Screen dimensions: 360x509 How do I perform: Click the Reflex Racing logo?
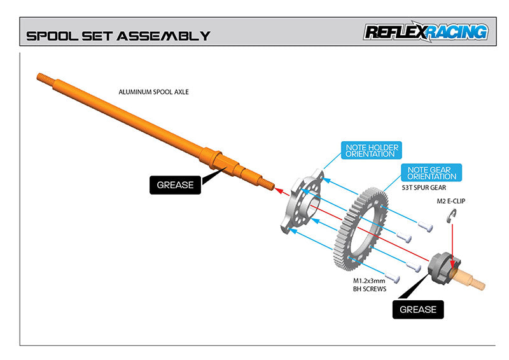[426, 32]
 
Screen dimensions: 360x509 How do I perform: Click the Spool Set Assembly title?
[118, 36]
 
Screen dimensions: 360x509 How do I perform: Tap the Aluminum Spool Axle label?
[153, 92]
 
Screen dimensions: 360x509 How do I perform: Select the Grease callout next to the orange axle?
[175, 185]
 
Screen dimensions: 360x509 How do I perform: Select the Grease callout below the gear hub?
[417, 309]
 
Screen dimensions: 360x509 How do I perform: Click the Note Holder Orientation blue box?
[372, 151]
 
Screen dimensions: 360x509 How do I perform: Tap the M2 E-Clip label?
[451, 201]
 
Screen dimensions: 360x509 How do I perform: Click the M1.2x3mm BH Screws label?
[370, 284]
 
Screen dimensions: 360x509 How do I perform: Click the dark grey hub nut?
[443, 268]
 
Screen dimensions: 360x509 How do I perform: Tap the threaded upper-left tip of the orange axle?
[42, 77]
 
